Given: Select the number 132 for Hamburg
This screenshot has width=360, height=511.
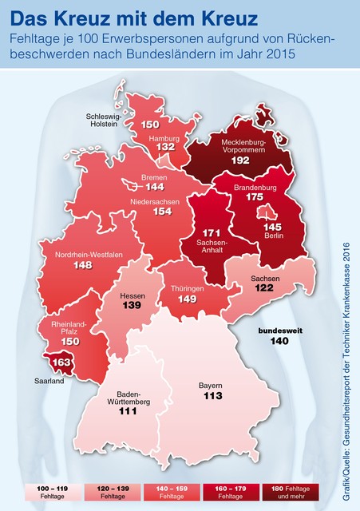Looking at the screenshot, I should (165, 147).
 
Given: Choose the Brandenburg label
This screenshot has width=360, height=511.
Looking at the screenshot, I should (255, 185).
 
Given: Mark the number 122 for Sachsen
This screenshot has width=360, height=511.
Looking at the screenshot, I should (264, 288).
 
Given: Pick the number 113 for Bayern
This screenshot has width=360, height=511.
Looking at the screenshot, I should (211, 396).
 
